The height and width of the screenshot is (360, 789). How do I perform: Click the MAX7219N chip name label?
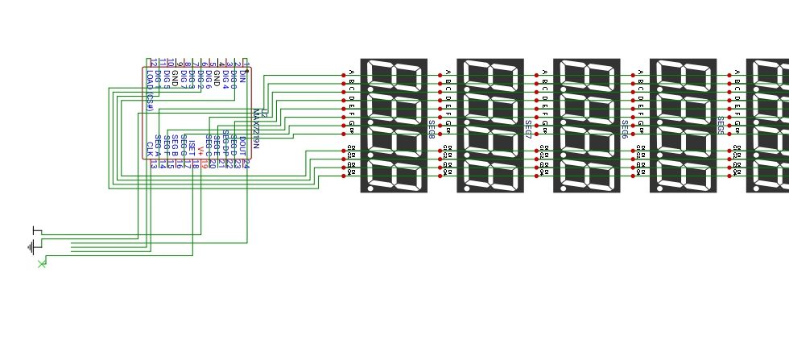(256, 129)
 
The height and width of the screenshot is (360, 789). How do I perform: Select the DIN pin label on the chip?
(242, 77)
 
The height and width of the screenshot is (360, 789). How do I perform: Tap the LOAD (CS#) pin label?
(151, 92)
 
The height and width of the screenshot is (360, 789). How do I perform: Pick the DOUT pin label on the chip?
(242, 147)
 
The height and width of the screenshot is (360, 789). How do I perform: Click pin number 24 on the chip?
(246, 164)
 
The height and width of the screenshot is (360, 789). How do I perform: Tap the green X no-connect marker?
(42, 263)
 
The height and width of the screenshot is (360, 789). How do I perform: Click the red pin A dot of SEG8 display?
(344, 76)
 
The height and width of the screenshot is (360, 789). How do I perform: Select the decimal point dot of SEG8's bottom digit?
(370, 187)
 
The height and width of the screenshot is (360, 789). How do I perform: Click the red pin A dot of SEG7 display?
(440, 76)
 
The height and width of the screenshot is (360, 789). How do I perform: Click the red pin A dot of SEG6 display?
(537, 76)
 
